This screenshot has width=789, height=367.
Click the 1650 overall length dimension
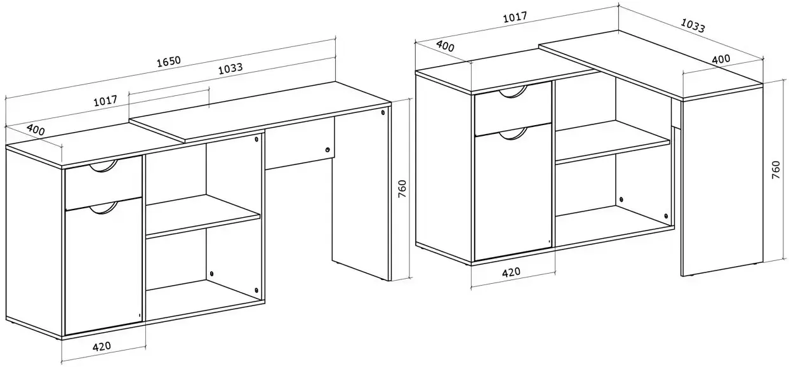pos(169,62)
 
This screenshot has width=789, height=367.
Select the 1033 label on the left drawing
pos(230,69)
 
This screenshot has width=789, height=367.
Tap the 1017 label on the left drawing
pos(105,101)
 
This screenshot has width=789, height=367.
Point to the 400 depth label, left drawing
pos(36,130)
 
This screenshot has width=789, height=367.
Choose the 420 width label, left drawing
pos(102,346)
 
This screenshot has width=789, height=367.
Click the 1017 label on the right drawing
pos(515,17)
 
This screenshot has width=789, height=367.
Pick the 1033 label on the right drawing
pos(693,25)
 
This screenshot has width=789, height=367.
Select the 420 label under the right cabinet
pos(511,272)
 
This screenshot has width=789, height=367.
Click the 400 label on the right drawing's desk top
pos(721,59)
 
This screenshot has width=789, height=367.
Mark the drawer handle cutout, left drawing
pos(102,168)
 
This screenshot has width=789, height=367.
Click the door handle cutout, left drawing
pos(103,210)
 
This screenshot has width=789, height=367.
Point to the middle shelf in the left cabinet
pos(203,215)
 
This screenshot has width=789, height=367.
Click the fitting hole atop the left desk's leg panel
pos(383,113)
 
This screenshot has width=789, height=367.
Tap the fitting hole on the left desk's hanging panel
pos(328,150)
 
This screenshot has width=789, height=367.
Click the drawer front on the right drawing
pos(513,109)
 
